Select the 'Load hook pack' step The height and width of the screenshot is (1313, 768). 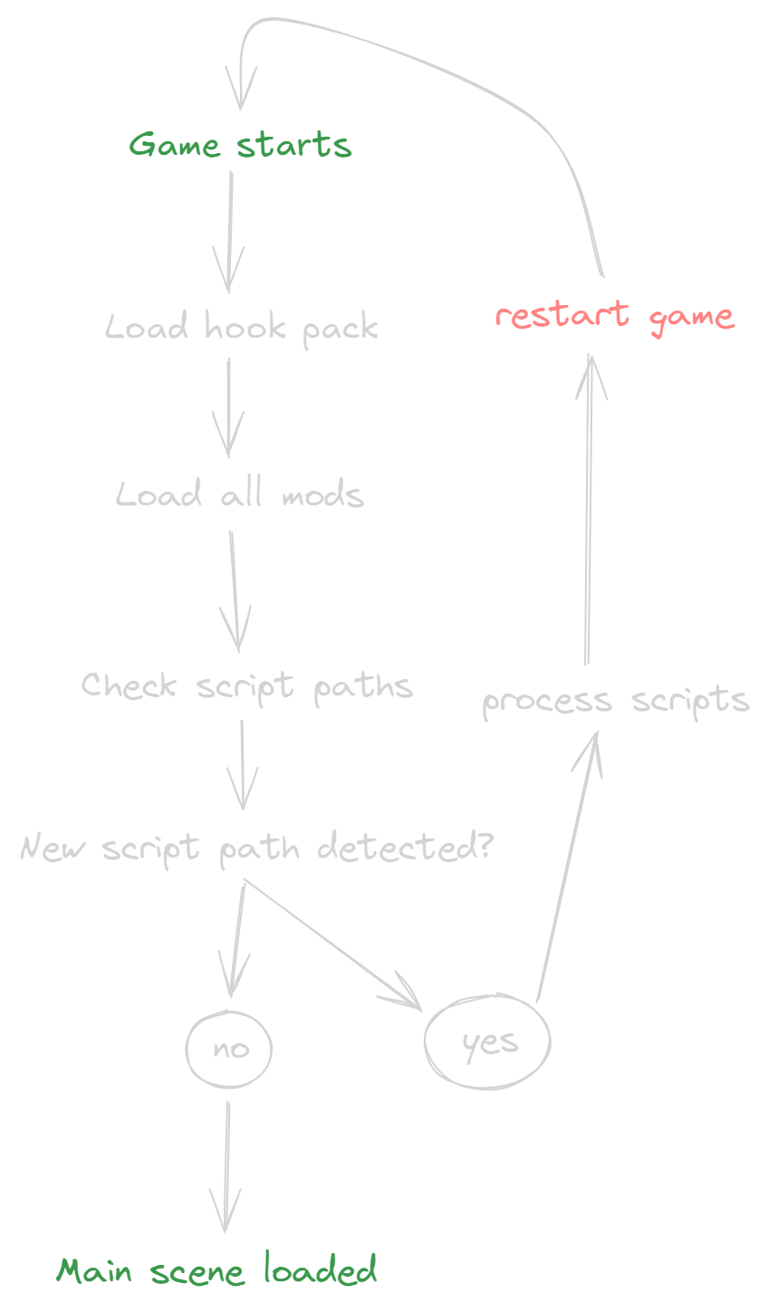point(242,327)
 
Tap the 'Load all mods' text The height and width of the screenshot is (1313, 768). point(240,495)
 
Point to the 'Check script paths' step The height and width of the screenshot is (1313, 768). point(246,685)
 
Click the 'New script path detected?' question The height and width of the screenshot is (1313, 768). point(256,848)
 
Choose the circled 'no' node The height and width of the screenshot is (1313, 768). point(229,1049)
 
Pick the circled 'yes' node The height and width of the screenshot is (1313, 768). point(488,1043)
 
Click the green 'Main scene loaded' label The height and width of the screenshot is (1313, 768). point(217,1270)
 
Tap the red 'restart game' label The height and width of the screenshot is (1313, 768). point(614,316)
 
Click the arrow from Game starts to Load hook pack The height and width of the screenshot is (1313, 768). point(229,231)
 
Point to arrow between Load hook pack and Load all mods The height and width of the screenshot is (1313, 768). point(227,407)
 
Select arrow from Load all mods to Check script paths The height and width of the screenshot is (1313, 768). point(235,589)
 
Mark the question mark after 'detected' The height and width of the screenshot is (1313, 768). point(485,847)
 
